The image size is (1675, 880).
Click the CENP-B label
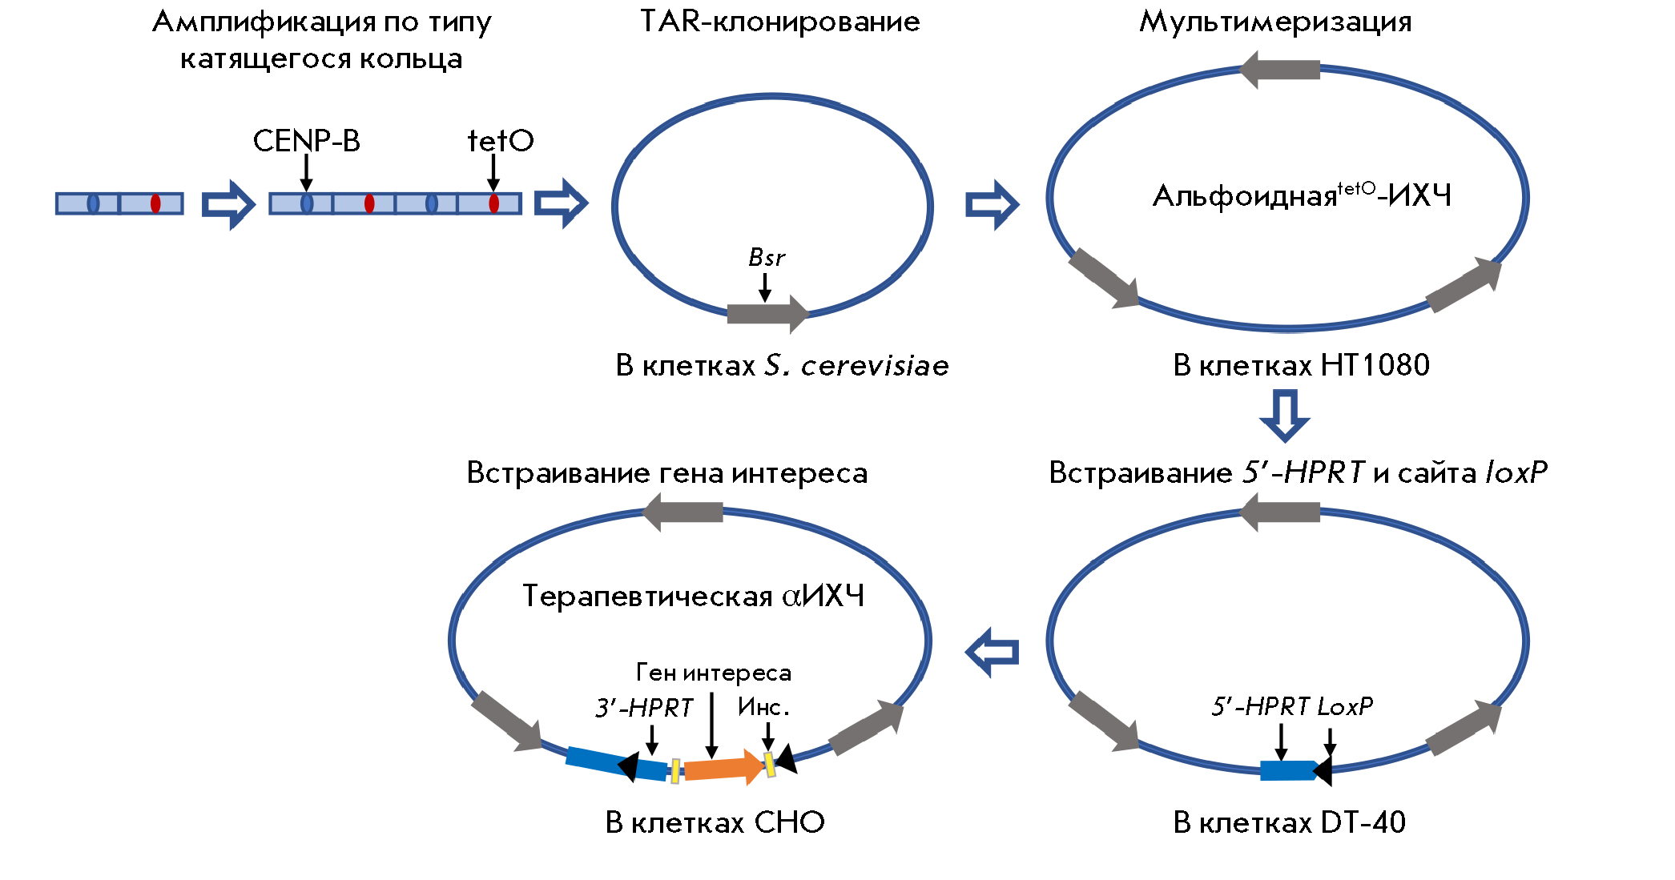click(306, 141)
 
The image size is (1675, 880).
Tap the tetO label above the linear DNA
click(500, 141)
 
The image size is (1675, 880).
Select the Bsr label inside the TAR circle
click(766, 258)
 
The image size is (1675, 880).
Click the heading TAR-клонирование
click(779, 22)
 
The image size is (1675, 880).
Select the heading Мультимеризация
click(1274, 22)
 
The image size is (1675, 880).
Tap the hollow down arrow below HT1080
click(1284, 415)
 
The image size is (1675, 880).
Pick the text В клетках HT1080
click(1300, 365)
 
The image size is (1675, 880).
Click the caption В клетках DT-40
click(1288, 822)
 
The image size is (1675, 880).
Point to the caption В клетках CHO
click(715, 822)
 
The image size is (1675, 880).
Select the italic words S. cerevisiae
click(856, 365)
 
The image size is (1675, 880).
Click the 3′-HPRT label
click(643, 708)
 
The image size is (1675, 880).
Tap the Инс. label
click(763, 707)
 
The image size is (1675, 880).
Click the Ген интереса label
click(713, 673)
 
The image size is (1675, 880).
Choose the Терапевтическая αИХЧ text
click(693, 596)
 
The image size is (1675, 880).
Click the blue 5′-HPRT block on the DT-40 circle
click(1286, 770)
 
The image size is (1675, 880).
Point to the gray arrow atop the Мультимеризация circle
click(1279, 70)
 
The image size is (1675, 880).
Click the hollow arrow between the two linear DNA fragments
click(227, 204)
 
